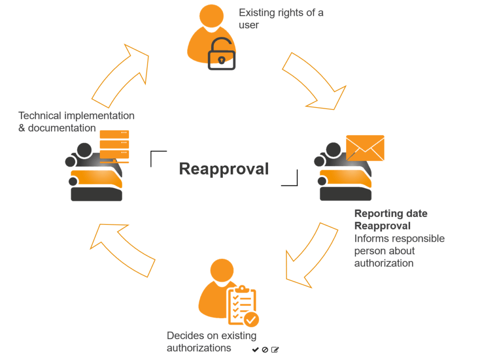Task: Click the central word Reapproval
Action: [x=224, y=169]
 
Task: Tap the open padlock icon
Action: [x=221, y=55]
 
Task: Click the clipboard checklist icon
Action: [x=241, y=306]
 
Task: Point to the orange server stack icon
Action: [x=115, y=146]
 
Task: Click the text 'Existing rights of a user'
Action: [x=281, y=19]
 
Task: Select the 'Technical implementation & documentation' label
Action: [x=76, y=122]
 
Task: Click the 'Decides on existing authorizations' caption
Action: [x=212, y=341]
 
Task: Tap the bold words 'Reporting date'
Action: [x=391, y=214]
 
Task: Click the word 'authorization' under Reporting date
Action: [x=384, y=263]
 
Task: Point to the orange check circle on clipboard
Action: [x=252, y=319]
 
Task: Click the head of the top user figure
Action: [x=212, y=14]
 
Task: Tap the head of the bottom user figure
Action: [x=222, y=270]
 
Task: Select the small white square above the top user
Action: [x=231, y=6]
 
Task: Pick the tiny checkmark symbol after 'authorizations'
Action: [x=255, y=349]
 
